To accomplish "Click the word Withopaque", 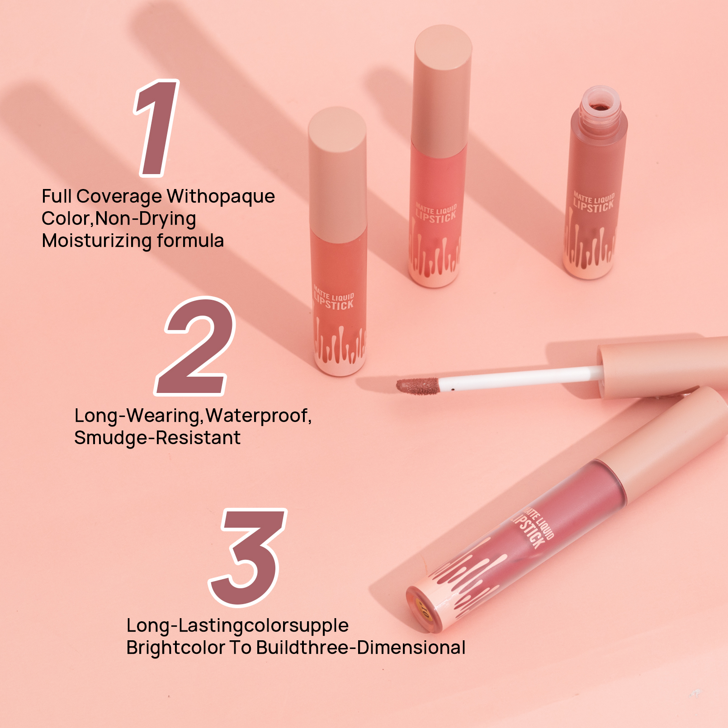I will (x=221, y=196).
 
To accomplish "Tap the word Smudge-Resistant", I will (x=157, y=438).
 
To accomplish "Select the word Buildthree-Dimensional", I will (x=361, y=648).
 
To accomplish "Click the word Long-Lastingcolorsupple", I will (x=237, y=625).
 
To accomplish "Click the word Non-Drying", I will (x=146, y=219).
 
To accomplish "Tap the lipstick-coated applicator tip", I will (x=417, y=386).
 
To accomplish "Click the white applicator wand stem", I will (x=520, y=379).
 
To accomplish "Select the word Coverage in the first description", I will (x=119, y=196).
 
